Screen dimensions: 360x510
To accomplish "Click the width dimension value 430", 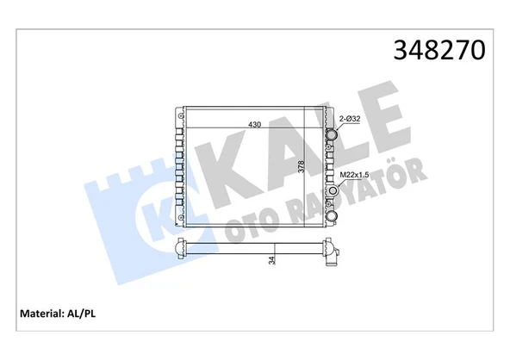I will click(x=255, y=124).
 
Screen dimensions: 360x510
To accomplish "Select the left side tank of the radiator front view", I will click(x=178, y=168).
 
